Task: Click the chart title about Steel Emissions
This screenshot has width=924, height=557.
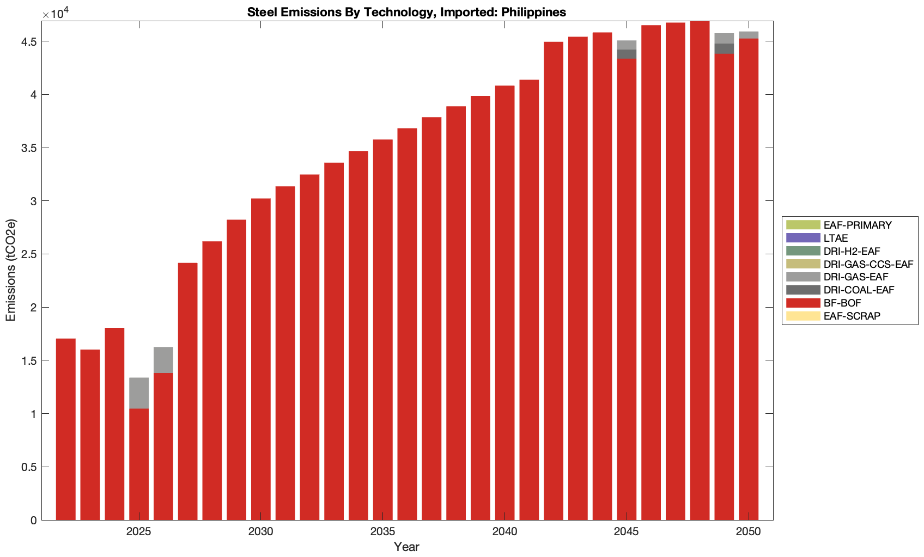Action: coord(406,12)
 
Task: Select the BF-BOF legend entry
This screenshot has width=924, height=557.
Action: coord(842,303)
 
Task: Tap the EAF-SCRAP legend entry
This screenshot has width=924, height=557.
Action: coord(852,316)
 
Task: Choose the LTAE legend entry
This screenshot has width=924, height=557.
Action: coord(835,238)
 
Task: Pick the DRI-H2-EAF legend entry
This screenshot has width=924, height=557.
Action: coord(852,252)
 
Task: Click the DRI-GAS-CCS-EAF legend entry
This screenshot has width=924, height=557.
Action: coord(868,265)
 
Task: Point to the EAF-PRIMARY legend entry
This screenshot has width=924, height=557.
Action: coord(857,225)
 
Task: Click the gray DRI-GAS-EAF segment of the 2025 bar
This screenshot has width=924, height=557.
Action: coord(139,393)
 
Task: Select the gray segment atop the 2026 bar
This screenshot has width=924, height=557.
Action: coord(163,360)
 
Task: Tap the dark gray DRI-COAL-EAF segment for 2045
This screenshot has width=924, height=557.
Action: coord(627,54)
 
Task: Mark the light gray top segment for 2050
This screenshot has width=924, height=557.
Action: coord(749,35)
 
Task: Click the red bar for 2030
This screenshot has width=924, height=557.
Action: coord(261,359)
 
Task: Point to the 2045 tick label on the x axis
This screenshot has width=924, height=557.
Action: coord(627,532)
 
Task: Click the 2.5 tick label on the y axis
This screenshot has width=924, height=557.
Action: coord(30,254)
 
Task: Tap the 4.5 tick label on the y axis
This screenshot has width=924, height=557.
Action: coord(30,42)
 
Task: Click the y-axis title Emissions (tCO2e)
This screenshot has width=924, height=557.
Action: coord(11,270)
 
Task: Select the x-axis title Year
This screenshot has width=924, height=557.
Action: coord(406,547)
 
